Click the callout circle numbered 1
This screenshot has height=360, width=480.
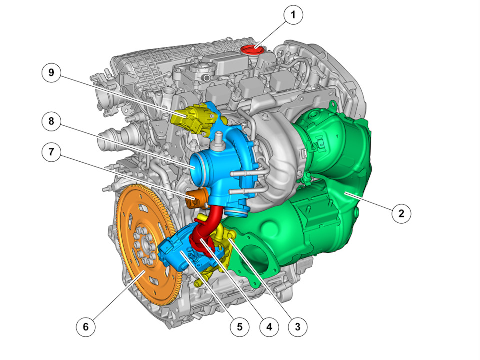293,15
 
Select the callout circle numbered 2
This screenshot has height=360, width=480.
401,213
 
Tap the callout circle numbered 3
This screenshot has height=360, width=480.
298,327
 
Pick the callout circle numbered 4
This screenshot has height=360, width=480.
269,327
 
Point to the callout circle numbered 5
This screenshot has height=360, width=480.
240,327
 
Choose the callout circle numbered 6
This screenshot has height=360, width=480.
85,327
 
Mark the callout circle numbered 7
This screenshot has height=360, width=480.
51,152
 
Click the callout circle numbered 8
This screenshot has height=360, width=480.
51,121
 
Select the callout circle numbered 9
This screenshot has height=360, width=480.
51,73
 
